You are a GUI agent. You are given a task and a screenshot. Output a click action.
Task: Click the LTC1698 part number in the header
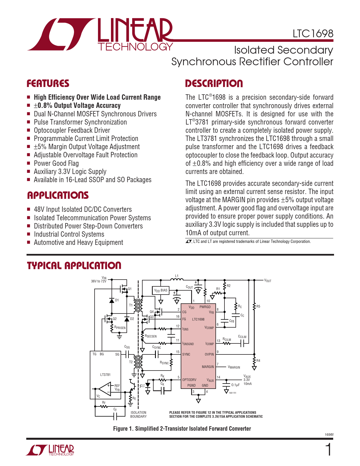click(313, 34)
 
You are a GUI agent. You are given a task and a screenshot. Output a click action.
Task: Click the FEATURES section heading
click(48, 84)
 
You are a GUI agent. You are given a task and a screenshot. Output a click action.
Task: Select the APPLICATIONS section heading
click(58, 195)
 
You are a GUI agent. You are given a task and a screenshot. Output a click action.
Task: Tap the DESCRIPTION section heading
click(214, 84)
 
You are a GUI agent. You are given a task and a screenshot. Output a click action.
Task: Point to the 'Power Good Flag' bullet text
click(56, 164)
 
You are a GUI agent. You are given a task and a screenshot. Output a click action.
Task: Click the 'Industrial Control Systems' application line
click(69, 234)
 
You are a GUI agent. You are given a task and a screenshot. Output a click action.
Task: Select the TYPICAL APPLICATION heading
click(74, 265)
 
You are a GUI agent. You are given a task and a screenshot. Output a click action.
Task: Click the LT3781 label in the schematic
click(105, 375)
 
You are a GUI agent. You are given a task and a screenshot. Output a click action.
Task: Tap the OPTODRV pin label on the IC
click(189, 380)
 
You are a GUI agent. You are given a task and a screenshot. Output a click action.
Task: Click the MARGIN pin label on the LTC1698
click(208, 367)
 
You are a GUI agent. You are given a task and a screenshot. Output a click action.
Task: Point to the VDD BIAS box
click(161, 290)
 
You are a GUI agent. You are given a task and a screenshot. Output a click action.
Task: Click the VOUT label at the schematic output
click(267, 281)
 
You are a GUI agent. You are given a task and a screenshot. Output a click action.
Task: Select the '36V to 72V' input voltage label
click(99, 281)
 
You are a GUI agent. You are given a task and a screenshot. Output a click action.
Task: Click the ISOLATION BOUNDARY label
click(138, 415)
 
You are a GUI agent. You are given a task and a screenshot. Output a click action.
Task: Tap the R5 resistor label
click(258, 306)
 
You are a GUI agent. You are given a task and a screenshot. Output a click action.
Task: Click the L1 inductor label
click(177, 276)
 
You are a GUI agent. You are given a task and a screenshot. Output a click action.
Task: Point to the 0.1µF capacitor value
click(235, 385)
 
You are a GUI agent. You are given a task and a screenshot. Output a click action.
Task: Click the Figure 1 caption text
click(182, 429)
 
